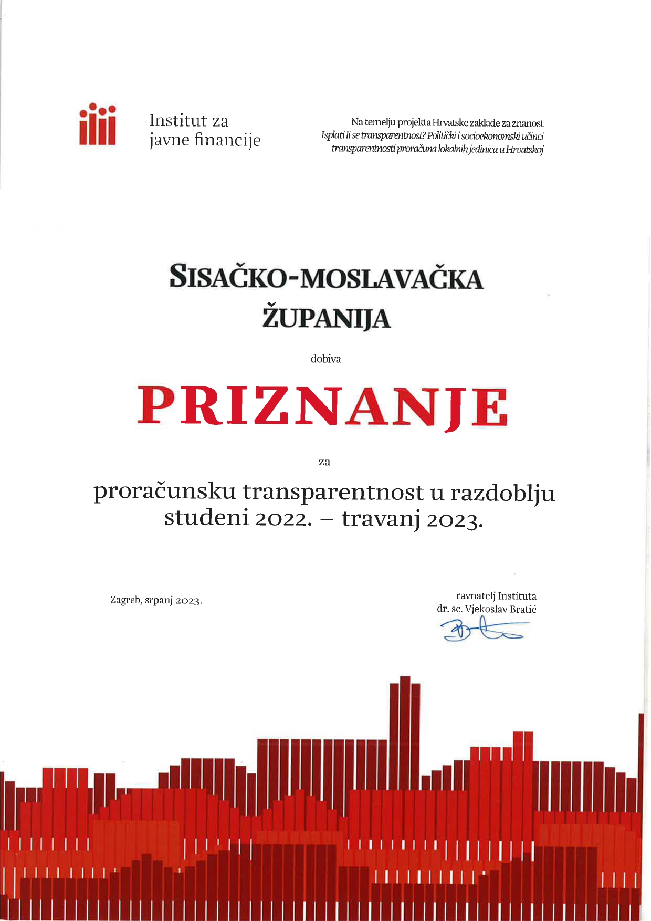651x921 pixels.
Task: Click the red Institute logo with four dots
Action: click(x=98, y=124)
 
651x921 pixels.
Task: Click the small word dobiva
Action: click(x=325, y=359)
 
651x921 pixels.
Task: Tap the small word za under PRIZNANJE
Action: click(x=324, y=462)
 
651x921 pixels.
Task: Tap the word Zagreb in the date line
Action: click(x=124, y=600)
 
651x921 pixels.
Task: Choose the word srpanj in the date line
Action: click(x=158, y=601)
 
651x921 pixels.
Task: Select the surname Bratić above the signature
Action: click(x=523, y=610)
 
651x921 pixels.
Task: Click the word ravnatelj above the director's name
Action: click(x=475, y=596)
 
